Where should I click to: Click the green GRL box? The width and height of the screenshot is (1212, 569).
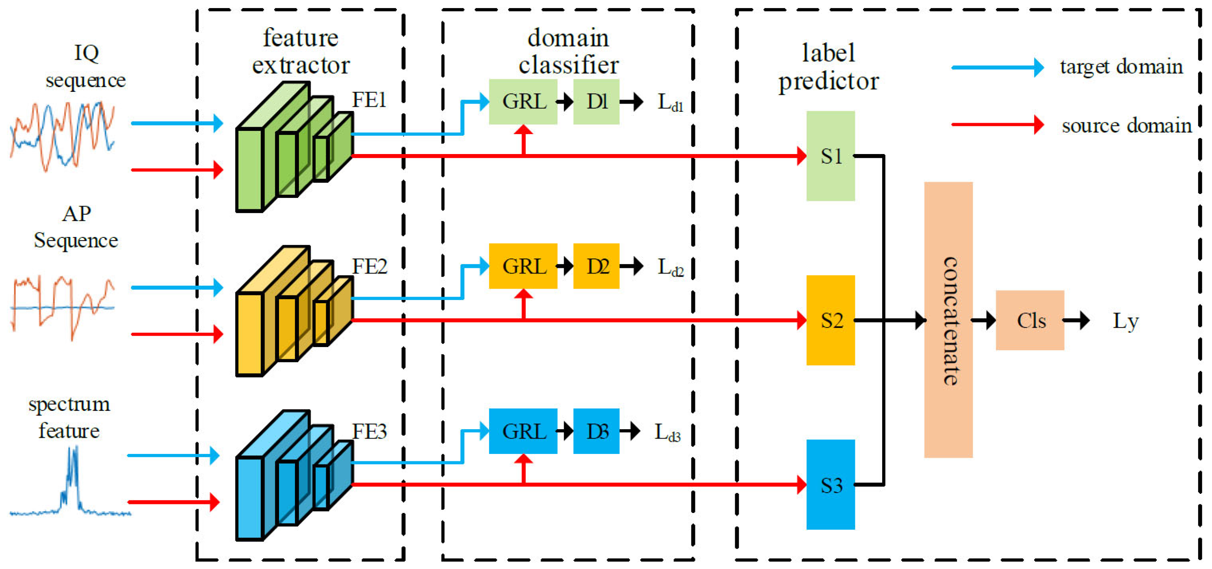(x=523, y=101)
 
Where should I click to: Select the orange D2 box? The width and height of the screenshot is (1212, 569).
(x=596, y=266)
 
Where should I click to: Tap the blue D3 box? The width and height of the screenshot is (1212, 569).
(x=596, y=431)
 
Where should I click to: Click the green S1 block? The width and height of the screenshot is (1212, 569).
(x=831, y=156)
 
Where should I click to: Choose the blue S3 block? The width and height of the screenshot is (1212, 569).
(x=831, y=484)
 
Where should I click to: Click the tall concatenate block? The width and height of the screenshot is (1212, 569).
(x=948, y=320)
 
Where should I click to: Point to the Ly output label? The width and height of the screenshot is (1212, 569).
(x=1125, y=321)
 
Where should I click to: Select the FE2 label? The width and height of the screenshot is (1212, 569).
(x=369, y=266)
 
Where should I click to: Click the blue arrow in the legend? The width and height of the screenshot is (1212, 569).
(x=997, y=67)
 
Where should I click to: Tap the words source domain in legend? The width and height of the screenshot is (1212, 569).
(x=1126, y=125)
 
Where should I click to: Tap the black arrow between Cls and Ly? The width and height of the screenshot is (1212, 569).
(x=1076, y=321)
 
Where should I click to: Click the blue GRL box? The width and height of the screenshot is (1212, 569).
(x=523, y=431)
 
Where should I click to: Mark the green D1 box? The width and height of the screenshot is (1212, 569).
(x=596, y=101)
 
